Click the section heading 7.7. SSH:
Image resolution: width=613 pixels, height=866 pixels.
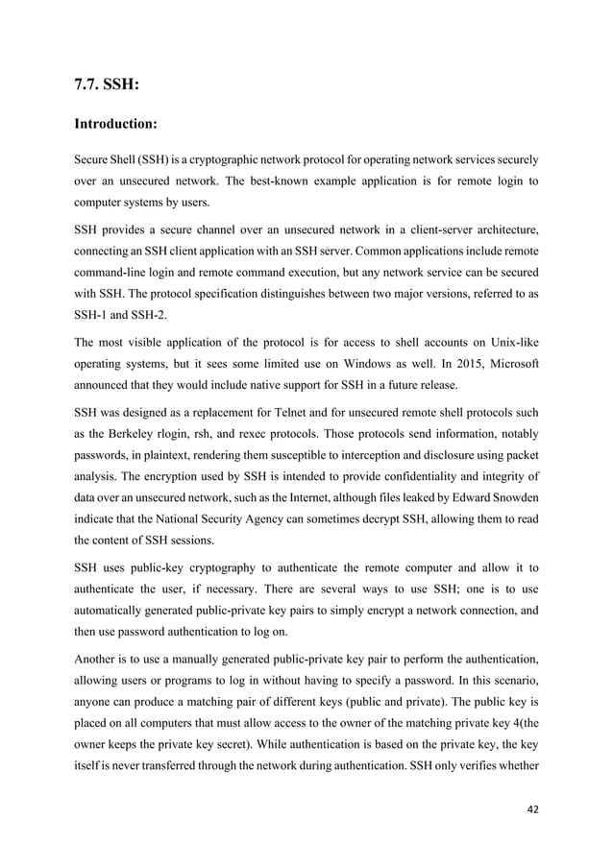click(x=107, y=84)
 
